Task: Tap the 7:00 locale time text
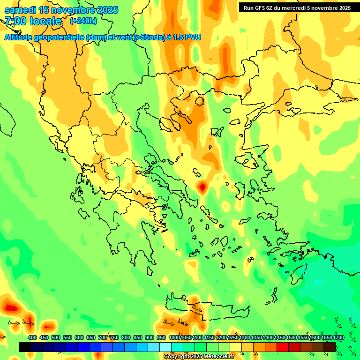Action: tap(33, 21)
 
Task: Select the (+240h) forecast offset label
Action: tap(83, 21)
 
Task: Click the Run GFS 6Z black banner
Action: tap(298, 7)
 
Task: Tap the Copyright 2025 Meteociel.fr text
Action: tap(199, 356)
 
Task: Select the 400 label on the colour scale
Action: tap(32, 337)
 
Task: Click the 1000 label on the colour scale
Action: tap(174, 337)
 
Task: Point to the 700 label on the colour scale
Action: tap(103, 337)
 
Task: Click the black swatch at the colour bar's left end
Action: tap(25, 347)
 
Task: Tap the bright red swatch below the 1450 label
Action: tap(283, 347)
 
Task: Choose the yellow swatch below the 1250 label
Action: tap(236, 347)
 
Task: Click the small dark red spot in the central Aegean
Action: tap(202, 187)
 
